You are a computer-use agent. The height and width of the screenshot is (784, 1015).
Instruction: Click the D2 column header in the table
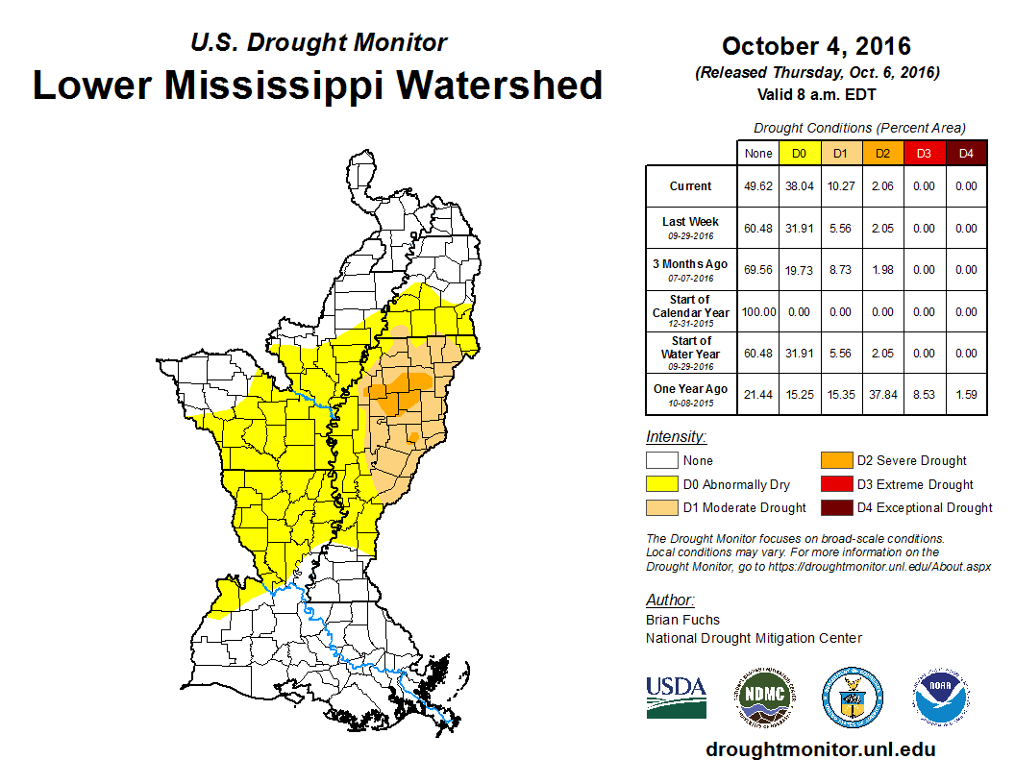tap(881, 153)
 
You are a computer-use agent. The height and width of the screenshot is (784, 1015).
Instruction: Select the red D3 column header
tap(924, 153)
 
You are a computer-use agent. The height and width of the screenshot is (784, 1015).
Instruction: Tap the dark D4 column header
tap(966, 153)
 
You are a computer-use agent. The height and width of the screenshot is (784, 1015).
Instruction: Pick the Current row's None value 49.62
tap(757, 186)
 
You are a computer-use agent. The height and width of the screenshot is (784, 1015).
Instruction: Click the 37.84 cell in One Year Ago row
tap(881, 394)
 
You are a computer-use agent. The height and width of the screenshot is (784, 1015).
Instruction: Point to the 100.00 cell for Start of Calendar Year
tap(757, 312)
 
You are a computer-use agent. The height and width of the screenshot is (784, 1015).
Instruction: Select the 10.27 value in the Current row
tap(840, 186)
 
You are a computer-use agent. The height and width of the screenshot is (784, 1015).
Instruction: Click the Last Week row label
tap(690, 227)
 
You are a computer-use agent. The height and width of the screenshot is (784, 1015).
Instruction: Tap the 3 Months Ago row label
tap(690, 269)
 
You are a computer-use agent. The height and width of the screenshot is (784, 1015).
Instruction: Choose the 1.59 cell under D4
tap(966, 394)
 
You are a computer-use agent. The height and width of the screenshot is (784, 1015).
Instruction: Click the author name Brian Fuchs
tap(682, 620)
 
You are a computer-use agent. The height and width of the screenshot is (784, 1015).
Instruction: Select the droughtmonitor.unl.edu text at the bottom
tap(820, 749)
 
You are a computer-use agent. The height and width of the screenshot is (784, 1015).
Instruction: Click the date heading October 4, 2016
tap(816, 46)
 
